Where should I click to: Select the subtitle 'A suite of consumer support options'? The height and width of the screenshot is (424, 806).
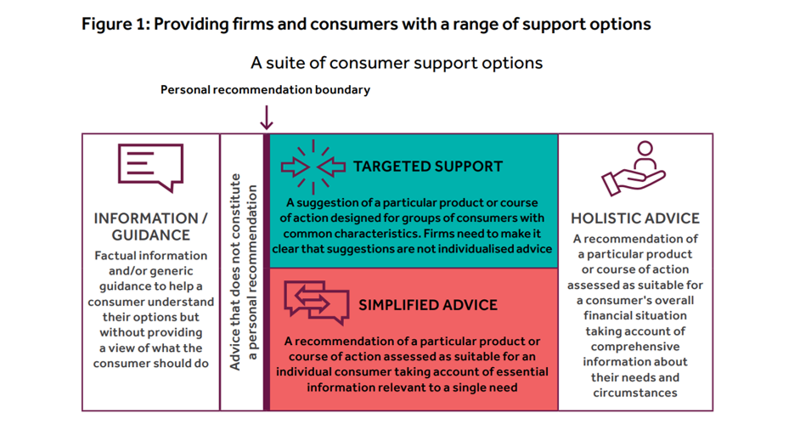396,63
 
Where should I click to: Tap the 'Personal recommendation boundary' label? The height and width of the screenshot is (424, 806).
265,89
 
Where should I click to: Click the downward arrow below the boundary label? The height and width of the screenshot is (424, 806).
267,116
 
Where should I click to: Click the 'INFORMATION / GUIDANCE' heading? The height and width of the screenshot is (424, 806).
150,226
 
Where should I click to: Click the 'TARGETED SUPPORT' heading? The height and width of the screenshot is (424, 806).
428,167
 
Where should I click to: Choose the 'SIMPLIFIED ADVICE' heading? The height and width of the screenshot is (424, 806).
428,305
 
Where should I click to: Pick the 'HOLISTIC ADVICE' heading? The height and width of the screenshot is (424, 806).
634,218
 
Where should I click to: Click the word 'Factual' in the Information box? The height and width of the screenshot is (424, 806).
116,255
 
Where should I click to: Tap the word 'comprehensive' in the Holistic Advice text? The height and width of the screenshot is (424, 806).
634,347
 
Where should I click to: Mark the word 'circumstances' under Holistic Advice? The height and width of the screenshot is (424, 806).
634,393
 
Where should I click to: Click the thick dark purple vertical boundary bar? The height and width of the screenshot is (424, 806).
267,272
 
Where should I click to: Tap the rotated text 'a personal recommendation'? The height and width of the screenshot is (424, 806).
253,272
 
